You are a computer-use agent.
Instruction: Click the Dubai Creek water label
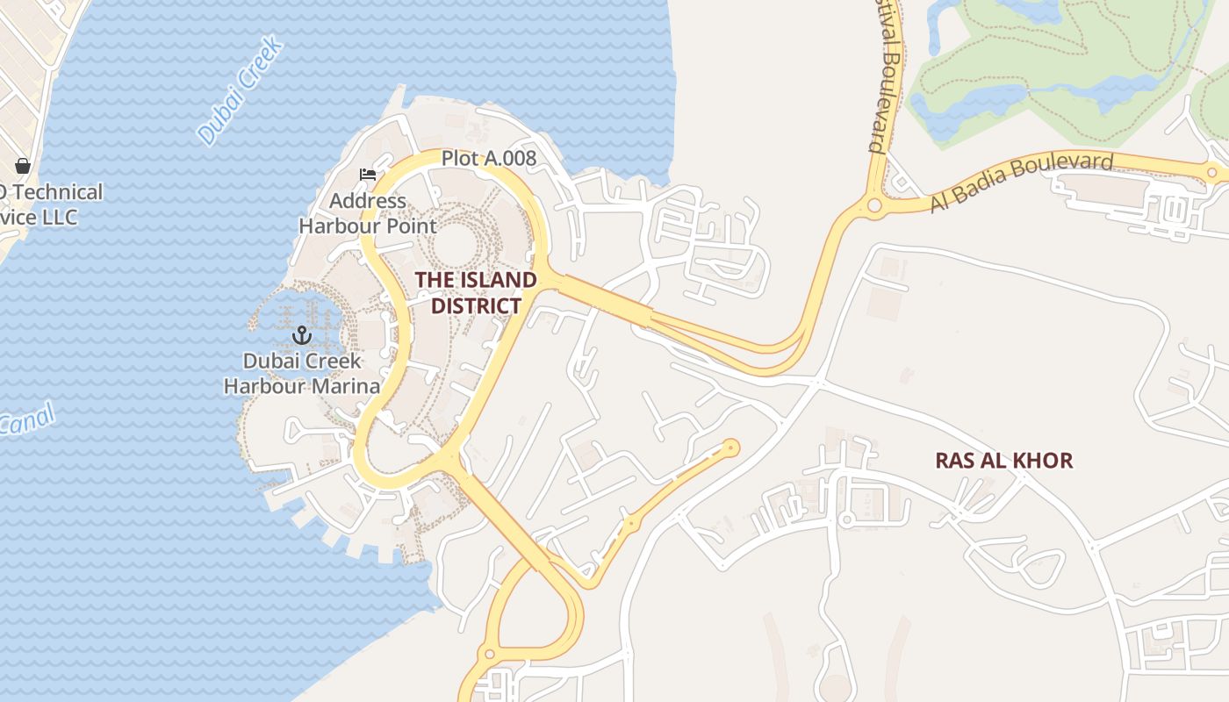pyautogui.click(x=240, y=90)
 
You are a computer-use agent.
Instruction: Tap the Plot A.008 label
pyautogui.click(x=488, y=158)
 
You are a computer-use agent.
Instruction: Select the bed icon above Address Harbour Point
pyautogui.click(x=368, y=175)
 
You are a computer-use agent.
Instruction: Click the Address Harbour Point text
pyautogui.click(x=367, y=213)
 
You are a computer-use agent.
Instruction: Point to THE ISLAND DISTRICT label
pyautogui.click(x=475, y=292)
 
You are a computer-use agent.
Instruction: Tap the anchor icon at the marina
pyautogui.click(x=302, y=335)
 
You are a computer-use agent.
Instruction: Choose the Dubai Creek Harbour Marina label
pyautogui.click(x=302, y=373)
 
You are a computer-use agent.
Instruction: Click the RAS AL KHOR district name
pyautogui.click(x=1003, y=461)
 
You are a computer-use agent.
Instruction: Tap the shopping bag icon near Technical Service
pyautogui.click(x=23, y=166)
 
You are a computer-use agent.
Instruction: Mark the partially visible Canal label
pyautogui.click(x=26, y=421)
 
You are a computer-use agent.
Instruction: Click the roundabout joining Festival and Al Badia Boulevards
pyautogui.click(x=874, y=206)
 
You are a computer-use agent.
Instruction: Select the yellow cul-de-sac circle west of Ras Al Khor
pyautogui.click(x=729, y=448)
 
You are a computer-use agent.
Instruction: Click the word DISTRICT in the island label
pyautogui.click(x=475, y=305)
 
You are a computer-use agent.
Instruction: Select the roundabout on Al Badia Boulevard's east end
pyautogui.click(x=1212, y=173)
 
